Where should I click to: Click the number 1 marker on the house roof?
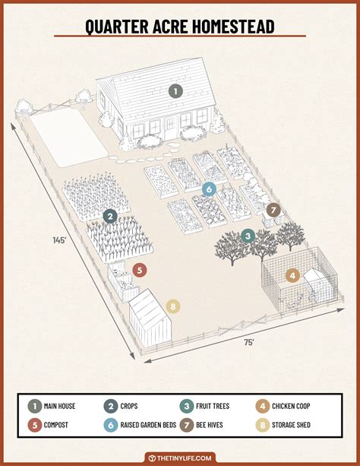click(175, 91)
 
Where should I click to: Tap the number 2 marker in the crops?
click(110, 217)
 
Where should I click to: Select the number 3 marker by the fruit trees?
click(248, 236)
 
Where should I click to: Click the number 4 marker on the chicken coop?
click(292, 276)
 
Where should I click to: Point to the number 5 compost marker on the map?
click(139, 269)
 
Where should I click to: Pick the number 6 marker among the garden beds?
click(209, 189)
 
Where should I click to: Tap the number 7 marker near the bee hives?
click(273, 210)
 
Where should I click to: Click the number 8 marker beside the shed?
click(173, 307)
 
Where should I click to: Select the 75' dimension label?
click(249, 343)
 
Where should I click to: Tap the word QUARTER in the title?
click(116, 27)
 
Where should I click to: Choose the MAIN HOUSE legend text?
click(58, 407)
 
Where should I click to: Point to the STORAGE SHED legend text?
click(285, 424)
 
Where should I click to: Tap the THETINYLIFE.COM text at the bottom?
click(185, 458)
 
